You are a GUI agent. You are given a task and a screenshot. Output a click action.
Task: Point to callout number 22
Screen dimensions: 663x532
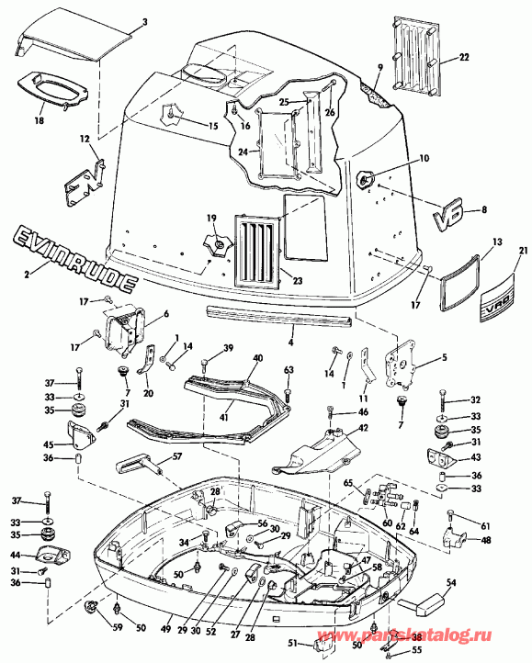[464, 57]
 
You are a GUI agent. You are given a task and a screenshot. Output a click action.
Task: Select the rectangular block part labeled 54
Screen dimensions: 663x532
[419, 604]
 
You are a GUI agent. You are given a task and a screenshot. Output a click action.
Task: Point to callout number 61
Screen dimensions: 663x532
[486, 526]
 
